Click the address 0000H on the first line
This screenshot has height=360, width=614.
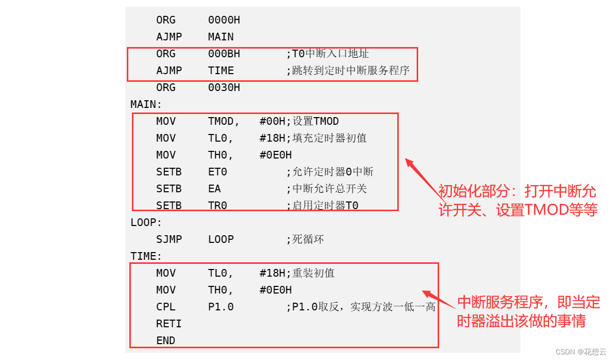tap(224, 20)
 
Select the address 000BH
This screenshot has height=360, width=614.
tap(224, 54)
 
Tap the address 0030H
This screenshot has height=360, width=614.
tap(224, 87)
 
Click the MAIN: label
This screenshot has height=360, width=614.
tap(146, 104)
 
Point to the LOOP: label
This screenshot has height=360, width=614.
tap(146, 222)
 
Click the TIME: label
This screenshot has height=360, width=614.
tap(146, 256)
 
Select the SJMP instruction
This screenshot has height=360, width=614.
tap(169, 239)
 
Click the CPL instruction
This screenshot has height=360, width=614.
tap(166, 307)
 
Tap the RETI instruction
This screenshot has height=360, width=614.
tap(169, 324)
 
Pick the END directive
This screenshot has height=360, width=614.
tap(166, 341)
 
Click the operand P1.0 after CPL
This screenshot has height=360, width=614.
tap(221, 307)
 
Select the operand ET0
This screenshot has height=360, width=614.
tap(217, 172)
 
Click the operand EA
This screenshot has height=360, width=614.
tap(214, 189)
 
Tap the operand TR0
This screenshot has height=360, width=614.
tap(217, 206)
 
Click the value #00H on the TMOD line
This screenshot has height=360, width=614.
tap(272, 121)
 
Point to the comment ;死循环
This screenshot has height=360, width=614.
tap(305, 239)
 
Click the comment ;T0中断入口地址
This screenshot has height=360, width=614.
tap(327, 54)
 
